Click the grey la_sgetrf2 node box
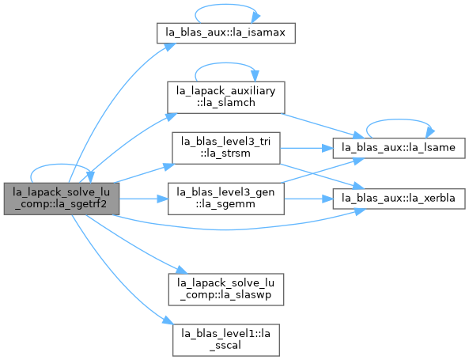62,199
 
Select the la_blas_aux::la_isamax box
226,33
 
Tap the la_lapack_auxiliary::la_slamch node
226,97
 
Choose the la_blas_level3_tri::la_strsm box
226,148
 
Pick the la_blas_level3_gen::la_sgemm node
226,199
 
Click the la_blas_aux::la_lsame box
399,148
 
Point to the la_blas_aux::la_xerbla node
399,199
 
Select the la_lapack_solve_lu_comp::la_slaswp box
226,290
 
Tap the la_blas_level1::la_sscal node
226,340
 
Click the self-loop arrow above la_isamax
226,5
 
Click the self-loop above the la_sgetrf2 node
61,165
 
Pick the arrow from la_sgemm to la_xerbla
308,199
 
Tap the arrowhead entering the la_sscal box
168,320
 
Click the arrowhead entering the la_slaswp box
182,270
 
